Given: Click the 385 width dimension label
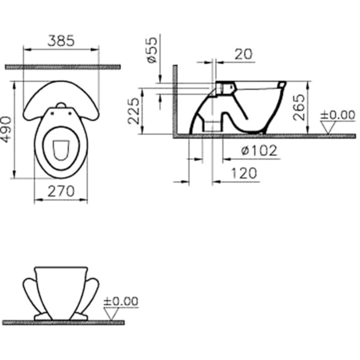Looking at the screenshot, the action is click(61, 41).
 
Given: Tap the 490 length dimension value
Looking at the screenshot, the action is click(6, 130).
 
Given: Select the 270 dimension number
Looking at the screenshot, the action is click(61, 191).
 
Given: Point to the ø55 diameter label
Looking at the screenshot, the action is click(152, 50).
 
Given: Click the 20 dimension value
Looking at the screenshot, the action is click(243, 54).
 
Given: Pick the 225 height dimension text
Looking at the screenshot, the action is click(134, 111).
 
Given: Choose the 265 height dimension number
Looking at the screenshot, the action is click(299, 107).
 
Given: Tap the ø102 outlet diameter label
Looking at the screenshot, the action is click(259, 150).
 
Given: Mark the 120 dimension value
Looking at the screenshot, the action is click(244, 173).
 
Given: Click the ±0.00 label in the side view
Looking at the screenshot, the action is click(338, 115).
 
